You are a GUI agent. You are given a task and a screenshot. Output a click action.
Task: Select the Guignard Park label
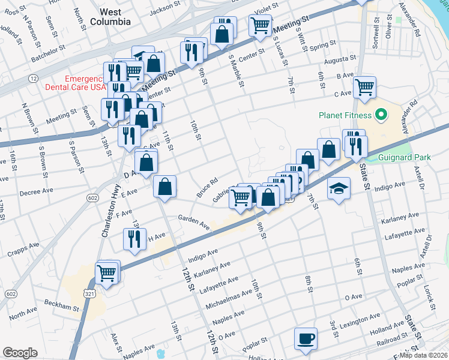(405, 158)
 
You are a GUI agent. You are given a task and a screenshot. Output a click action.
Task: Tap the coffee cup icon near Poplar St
(306, 338)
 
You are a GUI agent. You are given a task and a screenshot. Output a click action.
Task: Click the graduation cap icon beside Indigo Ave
(339, 188)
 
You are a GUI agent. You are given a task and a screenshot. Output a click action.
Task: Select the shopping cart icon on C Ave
(364, 87)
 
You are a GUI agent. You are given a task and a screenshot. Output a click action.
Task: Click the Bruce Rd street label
(206, 188)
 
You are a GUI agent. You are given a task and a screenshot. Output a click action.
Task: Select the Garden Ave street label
(193, 223)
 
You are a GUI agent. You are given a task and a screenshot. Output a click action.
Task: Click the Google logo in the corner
(20, 352)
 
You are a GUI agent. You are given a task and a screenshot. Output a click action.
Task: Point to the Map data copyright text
(423, 355)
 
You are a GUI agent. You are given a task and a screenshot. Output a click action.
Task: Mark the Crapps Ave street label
(23, 251)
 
